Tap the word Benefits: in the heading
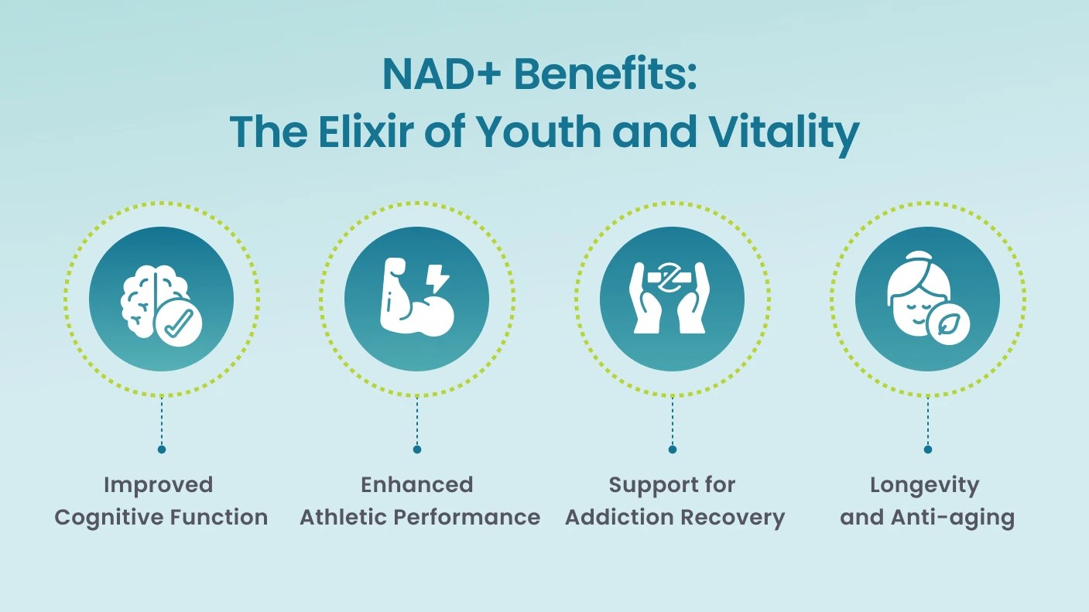click(606, 74)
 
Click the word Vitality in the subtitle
click(784, 134)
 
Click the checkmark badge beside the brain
click(178, 323)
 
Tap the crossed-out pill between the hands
click(671, 279)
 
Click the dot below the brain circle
click(162, 450)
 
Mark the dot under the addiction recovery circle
click(673, 450)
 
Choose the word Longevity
click(924, 486)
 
